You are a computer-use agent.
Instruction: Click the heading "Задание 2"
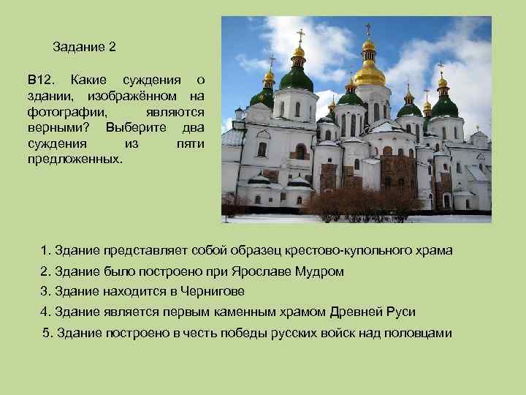(x=85, y=47)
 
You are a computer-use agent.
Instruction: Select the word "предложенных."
(x=75, y=159)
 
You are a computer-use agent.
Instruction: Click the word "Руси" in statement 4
(x=402, y=312)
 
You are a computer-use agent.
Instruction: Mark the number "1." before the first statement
(x=45, y=251)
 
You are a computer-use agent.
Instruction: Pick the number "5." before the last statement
(x=48, y=333)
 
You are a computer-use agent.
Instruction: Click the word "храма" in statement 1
(x=435, y=251)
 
